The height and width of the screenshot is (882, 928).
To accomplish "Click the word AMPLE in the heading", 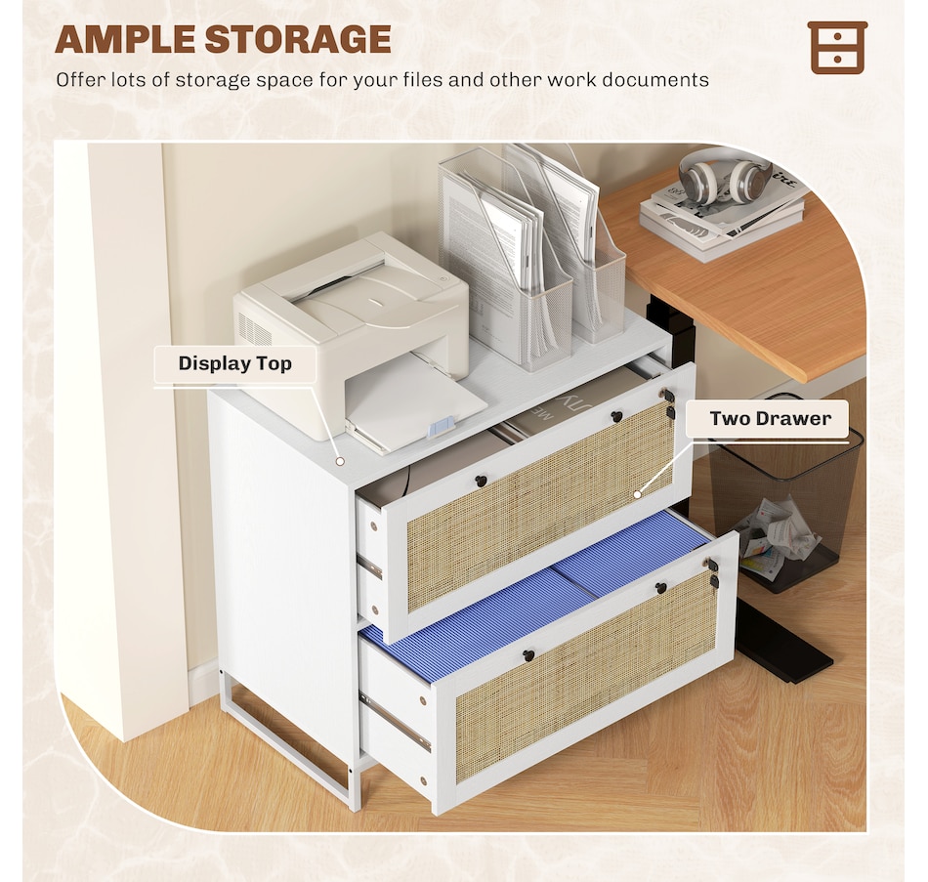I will tap(125, 39).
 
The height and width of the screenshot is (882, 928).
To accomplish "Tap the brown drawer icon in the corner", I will tap(837, 47).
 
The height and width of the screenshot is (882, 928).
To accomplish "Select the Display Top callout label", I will tap(234, 364).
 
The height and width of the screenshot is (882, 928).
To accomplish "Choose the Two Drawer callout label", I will tap(770, 419).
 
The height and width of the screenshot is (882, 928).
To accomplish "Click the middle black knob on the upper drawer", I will tap(616, 417).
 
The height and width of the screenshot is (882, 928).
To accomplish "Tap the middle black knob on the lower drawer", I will tap(660, 587).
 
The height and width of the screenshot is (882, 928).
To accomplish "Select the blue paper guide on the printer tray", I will tap(443, 426).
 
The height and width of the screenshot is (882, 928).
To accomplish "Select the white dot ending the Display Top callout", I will tap(339, 459).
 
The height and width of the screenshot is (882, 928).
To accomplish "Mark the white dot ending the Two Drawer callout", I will tap(637, 494).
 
